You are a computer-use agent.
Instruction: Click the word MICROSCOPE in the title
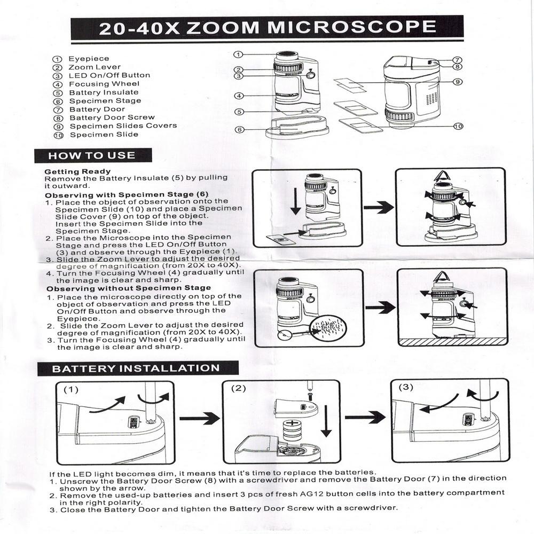(351, 27)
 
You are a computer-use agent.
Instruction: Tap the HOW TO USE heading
(92, 155)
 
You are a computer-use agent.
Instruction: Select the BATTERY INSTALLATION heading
(136, 368)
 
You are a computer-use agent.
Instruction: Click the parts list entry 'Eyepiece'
(89, 59)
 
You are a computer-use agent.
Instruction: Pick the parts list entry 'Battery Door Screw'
(112, 118)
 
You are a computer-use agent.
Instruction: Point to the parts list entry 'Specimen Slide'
(104, 135)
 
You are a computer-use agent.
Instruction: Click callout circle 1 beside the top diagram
(238, 54)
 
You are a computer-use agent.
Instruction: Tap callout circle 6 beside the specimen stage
(240, 130)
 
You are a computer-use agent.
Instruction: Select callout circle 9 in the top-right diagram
(458, 82)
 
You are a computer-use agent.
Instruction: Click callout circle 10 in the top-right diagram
(458, 127)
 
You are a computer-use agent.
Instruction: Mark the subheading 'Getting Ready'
(77, 171)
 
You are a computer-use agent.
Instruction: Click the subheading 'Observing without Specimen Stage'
(129, 289)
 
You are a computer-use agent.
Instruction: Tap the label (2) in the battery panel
(238, 389)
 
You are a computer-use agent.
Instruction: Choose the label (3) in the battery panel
(406, 387)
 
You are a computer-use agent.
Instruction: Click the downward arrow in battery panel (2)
(326, 421)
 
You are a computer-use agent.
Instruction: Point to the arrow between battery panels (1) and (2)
(200, 418)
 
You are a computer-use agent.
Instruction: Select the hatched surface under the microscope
(452, 342)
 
